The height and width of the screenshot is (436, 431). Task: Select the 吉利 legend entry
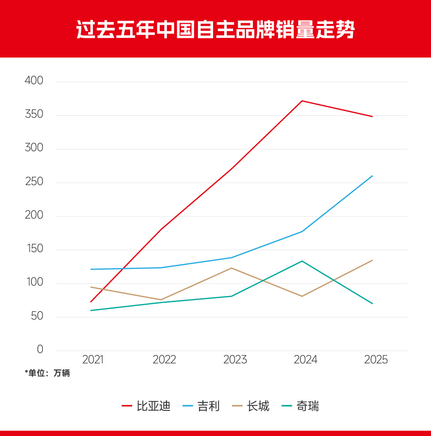coord(202,406)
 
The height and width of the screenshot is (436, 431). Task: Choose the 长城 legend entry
coord(251,406)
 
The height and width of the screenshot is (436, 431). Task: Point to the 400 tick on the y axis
coord(34,81)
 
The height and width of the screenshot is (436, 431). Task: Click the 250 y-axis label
coord(34,182)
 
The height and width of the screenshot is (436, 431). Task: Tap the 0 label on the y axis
coord(40,350)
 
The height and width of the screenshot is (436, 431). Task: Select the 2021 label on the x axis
coord(93,360)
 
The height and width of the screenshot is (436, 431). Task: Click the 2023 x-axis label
coord(235,360)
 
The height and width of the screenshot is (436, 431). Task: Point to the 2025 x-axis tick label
coord(376,360)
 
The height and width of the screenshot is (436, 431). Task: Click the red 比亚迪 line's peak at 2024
coord(302,101)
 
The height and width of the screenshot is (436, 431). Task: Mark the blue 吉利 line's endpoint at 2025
coord(372,176)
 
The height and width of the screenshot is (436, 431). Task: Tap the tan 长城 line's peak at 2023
coord(231,268)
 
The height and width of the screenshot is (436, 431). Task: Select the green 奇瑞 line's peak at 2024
coord(302,261)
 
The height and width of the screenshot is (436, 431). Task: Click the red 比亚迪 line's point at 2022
coord(161,229)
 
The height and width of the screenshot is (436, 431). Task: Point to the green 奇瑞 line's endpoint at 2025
coord(372,304)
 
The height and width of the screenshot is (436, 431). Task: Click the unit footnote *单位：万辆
coord(47,374)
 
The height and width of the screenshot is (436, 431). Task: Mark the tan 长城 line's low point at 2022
coord(161,300)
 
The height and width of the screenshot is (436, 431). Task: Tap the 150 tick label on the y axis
coord(34,249)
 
